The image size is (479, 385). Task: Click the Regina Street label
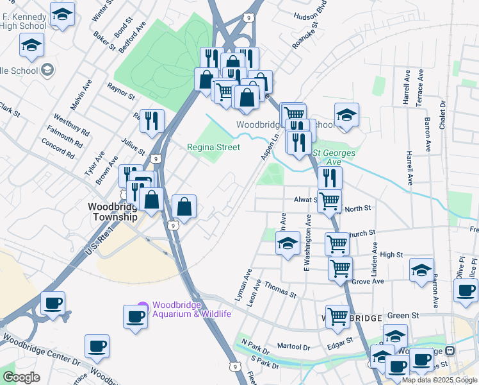point(213,147)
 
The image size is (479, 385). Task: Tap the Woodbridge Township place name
point(112,212)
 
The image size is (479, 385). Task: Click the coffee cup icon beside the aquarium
point(135,316)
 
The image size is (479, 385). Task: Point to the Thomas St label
point(280,290)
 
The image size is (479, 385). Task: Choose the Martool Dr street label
point(293,346)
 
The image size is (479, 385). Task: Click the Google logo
point(21,377)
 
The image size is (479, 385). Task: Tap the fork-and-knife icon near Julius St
point(152,120)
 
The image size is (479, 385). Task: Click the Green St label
point(403,316)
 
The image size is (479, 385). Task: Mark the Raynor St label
point(121,90)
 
